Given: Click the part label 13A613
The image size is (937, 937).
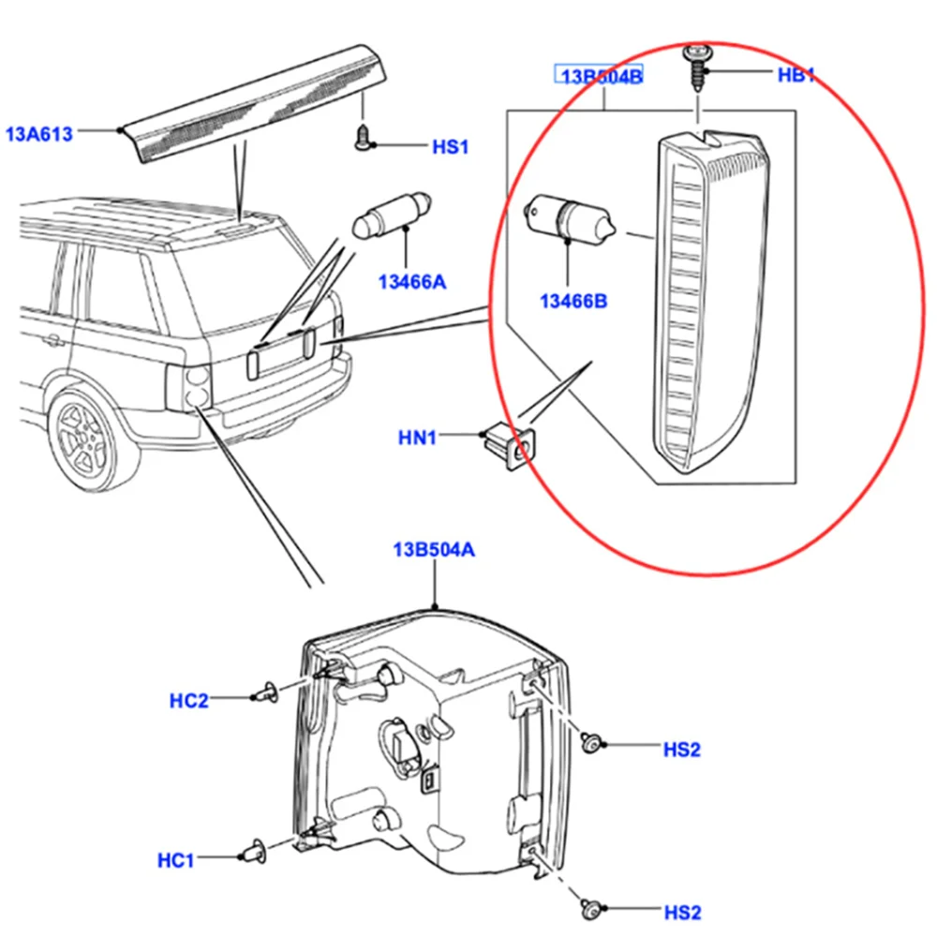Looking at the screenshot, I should [38, 134].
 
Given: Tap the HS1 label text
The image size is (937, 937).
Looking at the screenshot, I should [450, 147].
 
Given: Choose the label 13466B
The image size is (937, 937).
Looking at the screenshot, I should [573, 301].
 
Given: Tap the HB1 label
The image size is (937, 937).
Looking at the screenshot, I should [797, 74].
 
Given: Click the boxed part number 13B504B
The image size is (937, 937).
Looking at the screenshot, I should [601, 76].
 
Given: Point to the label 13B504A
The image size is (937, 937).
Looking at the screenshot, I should [433, 549].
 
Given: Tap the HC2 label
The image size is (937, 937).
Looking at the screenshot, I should [189, 700].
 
